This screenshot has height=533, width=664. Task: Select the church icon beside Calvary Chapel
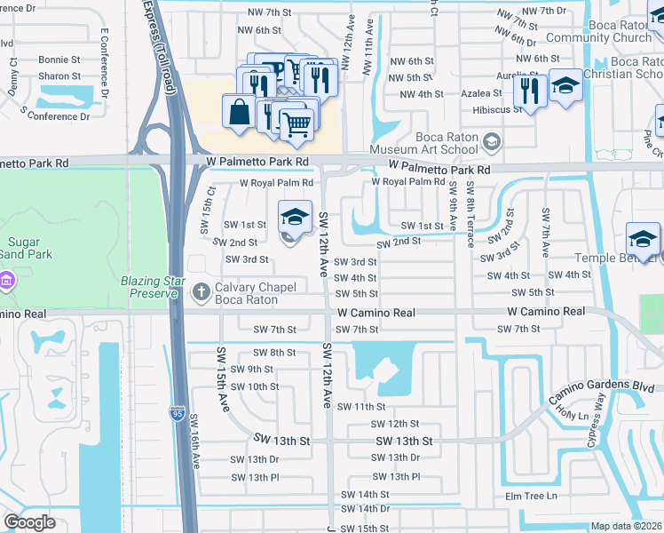tap(202, 290)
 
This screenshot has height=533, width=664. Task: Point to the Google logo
tap(29, 522)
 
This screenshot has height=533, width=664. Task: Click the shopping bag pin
tap(239, 113)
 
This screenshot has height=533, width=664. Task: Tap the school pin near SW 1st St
tap(295, 217)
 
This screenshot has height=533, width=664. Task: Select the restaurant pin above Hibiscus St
tap(530, 89)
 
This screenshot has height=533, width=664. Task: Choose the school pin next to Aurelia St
tap(565, 86)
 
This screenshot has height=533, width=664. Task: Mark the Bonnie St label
tap(59, 60)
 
